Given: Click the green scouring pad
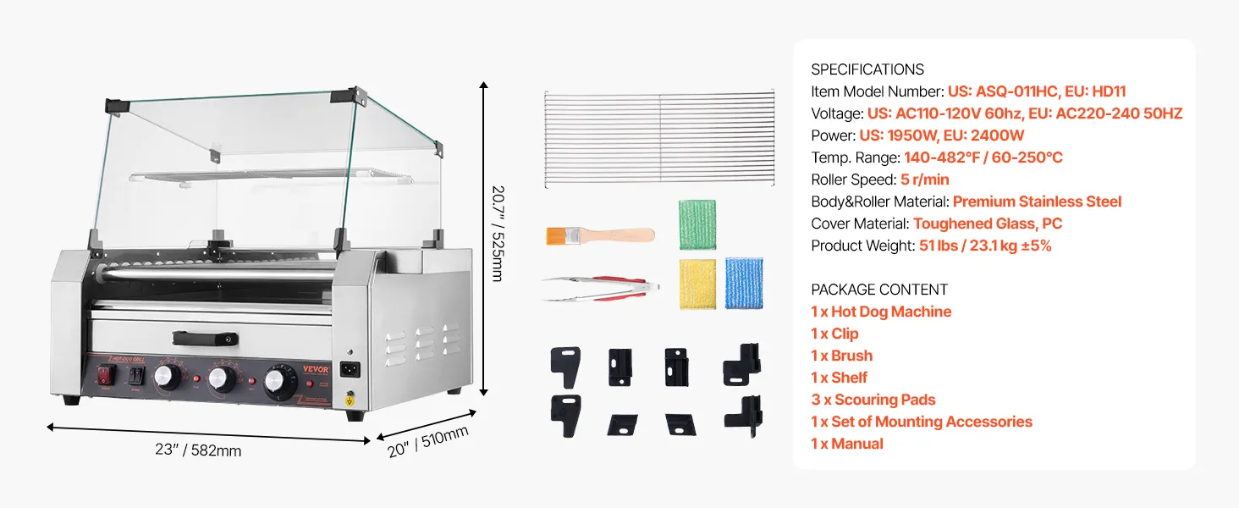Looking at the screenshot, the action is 697,224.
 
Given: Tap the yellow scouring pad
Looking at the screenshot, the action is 697,284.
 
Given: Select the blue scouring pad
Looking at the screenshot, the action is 744,283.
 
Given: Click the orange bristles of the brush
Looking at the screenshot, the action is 556,236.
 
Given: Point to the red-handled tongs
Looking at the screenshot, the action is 601,289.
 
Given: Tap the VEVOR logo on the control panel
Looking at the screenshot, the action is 316,369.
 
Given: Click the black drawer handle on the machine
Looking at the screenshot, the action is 205,339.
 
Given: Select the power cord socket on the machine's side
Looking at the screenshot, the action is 350,369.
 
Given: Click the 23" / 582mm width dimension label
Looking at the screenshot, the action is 198,450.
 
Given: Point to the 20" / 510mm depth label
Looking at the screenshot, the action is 427,442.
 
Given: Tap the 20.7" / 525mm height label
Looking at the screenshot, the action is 498,234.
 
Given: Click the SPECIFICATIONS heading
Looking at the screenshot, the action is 867,69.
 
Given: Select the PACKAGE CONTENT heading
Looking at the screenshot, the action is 879,290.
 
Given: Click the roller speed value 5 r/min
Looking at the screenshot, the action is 924,179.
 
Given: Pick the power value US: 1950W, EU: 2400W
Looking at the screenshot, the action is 941,135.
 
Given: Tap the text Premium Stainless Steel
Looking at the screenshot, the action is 1037,202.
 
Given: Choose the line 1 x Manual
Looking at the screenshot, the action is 847,444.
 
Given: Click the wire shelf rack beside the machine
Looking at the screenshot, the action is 659,138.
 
